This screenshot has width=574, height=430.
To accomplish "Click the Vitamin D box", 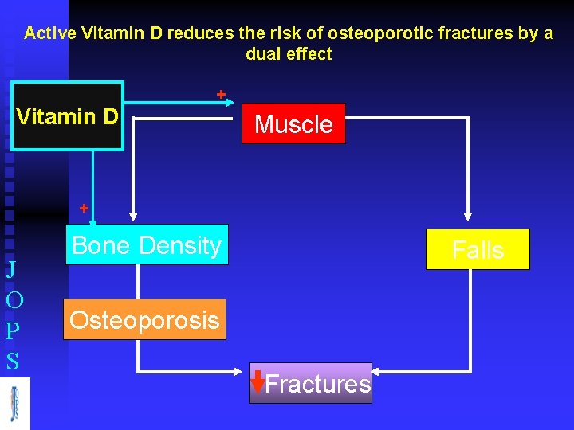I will (x=68, y=116).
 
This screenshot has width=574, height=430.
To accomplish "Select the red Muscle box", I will (x=293, y=124).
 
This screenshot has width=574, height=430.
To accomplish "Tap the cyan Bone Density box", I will (x=146, y=245).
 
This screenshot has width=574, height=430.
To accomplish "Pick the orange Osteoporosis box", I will (x=144, y=320).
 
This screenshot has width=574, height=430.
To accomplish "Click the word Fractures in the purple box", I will (x=317, y=384).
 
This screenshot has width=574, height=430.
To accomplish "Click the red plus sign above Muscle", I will (x=222, y=95).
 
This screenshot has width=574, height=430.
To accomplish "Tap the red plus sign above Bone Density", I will (x=83, y=209).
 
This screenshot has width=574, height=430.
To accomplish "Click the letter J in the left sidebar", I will (x=11, y=269).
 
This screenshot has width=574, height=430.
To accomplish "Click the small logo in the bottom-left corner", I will (x=15, y=404).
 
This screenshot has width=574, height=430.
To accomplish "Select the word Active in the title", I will (x=50, y=33).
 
